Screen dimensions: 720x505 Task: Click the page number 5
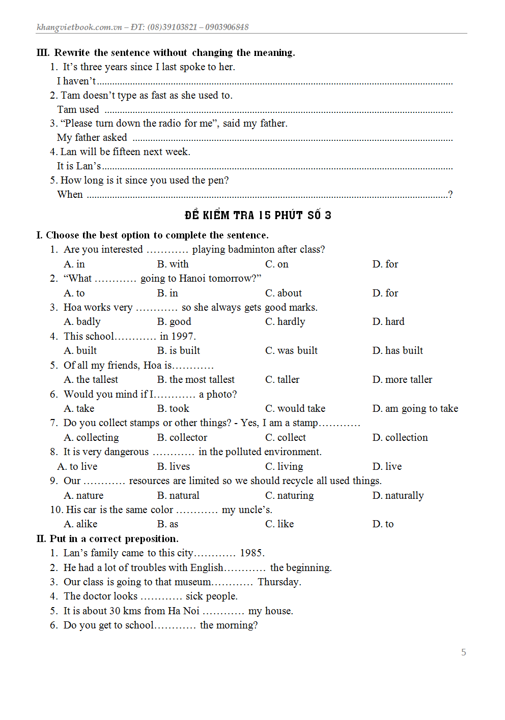click(x=463, y=652)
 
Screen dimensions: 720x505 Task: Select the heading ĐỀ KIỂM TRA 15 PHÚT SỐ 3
click(x=258, y=216)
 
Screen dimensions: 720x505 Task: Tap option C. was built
click(x=291, y=351)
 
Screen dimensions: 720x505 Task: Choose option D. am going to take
click(x=415, y=409)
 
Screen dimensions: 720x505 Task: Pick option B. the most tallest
click(x=195, y=380)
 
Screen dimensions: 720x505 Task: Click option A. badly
click(x=82, y=322)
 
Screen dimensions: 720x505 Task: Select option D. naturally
click(x=398, y=496)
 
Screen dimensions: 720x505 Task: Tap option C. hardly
click(x=285, y=322)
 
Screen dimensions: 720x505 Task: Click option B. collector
click(x=182, y=438)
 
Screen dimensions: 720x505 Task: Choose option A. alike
click(x=80, y=524)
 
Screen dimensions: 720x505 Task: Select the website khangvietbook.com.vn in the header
click(x=79, y=27)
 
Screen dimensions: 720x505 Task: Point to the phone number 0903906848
click(x=227, y=27)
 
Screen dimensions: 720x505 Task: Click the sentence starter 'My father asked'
click(x=92, y=138)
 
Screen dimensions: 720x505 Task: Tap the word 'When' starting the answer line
click(x=70, y=195)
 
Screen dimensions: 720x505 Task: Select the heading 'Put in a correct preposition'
click(x=114, y=539)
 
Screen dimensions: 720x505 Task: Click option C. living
click(x=284, y=467)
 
